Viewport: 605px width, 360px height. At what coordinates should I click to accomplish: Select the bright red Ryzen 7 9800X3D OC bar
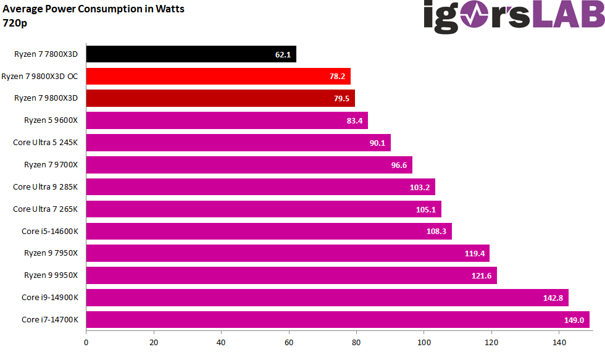coord(216,77)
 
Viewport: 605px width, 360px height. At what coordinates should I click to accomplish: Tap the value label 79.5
coord(341,99)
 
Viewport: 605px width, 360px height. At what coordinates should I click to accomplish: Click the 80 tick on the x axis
coord(356,341)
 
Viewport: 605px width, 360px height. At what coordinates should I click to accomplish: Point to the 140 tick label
coord(559,341)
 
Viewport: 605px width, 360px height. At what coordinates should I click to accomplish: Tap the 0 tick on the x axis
coord(86,341)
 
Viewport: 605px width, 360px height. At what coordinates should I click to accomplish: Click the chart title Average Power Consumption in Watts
coord(94,9)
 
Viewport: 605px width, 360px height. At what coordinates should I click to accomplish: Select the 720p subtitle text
coord(15,23)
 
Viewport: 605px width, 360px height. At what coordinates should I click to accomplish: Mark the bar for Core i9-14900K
coord(327,298)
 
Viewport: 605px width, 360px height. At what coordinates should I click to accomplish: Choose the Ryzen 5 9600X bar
coord(227,121)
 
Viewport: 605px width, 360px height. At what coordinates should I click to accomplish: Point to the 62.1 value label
coord(283,54)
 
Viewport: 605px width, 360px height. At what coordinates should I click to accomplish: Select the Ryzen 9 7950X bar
coord(287,253)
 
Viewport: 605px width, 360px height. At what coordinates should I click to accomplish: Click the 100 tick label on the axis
coord(423,341)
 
